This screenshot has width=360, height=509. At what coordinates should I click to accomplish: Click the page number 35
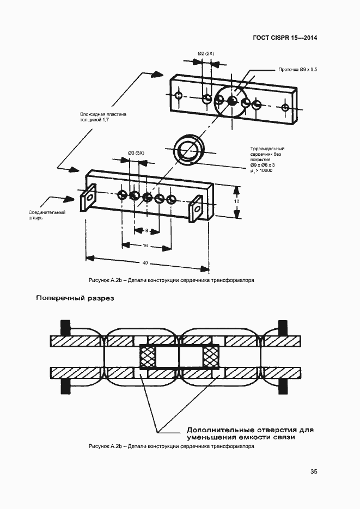[314, 471]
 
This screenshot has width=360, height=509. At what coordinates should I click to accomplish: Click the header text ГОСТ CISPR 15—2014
[285, 38]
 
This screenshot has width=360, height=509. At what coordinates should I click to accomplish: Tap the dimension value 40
[145, 262]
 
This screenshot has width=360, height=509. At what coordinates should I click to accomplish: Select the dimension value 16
[145, 246]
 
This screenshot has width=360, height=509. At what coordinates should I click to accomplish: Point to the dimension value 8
[147, 230]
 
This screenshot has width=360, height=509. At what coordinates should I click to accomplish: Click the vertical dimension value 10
[237, 201]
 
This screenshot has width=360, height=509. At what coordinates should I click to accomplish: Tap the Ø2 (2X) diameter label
[206, 53]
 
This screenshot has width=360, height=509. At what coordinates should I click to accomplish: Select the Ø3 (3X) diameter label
[136, 153]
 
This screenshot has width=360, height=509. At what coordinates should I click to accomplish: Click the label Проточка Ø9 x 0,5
[298, 70]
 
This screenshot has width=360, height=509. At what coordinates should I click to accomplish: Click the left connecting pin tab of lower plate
[88, 198]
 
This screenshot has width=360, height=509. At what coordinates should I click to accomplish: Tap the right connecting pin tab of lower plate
[196, 208]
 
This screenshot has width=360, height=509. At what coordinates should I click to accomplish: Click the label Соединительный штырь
[47, 215]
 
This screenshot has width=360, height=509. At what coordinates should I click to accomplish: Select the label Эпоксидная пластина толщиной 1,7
[103, 117]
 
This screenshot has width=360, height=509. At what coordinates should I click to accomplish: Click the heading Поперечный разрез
[75, 298]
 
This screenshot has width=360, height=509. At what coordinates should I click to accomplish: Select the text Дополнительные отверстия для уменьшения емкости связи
[250, 434]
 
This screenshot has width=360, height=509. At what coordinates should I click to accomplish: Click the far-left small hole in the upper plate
[179, 95]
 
